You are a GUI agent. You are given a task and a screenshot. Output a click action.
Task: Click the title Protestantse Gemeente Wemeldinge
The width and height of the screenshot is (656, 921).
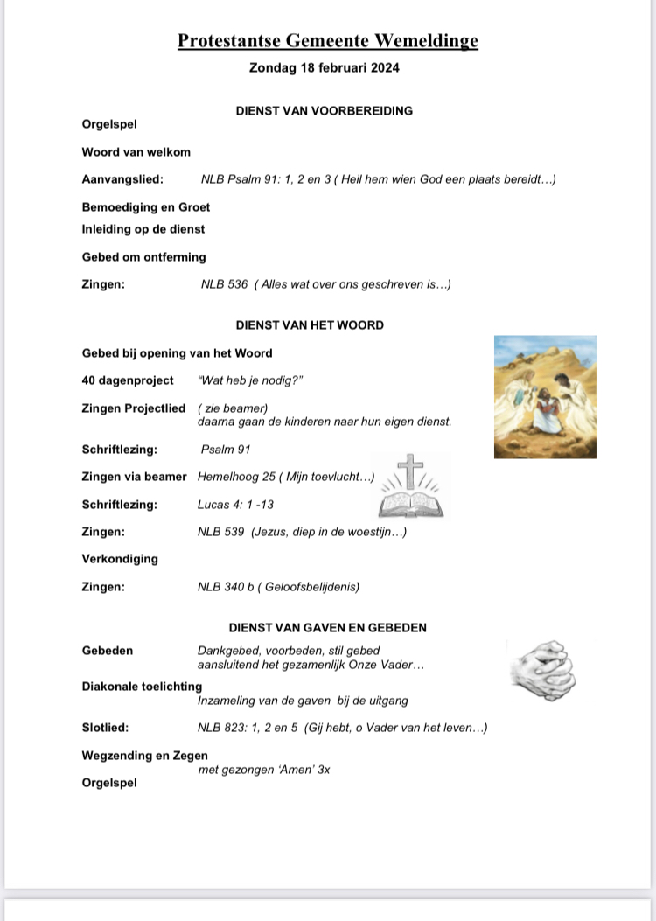tap(328, 41)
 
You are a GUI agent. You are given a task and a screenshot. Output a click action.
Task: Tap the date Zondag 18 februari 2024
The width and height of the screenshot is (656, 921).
tap(325, 67)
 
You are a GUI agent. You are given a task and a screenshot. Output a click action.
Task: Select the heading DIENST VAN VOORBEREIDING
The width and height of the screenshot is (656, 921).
tap(325, 111)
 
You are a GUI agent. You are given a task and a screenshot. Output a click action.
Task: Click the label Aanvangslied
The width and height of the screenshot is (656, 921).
tap(122, 179)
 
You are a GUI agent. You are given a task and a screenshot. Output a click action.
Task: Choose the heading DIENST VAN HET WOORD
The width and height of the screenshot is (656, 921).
tap(310, 325)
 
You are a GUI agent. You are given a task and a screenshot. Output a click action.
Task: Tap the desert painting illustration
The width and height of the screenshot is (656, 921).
tap(545, 396)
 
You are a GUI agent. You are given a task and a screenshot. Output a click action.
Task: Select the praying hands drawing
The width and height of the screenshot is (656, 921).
tap(542, 670)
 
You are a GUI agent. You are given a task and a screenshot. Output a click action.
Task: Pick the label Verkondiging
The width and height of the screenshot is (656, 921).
tap(120, 559)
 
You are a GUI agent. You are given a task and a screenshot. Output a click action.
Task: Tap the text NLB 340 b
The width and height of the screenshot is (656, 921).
tap(226, 587)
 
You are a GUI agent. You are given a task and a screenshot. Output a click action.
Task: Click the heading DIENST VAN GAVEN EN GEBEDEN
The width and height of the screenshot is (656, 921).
tap(328, 628)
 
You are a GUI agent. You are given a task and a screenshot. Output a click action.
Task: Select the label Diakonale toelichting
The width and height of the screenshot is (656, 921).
tap(142, 687)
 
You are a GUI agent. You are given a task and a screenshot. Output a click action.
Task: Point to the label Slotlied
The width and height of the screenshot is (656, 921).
tap(105, 728)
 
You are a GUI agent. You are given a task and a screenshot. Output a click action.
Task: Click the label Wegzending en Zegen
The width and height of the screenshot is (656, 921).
tap(144, 756)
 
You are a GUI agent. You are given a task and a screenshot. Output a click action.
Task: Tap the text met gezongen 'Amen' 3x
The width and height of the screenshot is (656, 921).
tap(264, 770)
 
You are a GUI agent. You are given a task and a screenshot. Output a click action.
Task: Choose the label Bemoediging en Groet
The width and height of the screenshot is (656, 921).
tap(146, 207)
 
